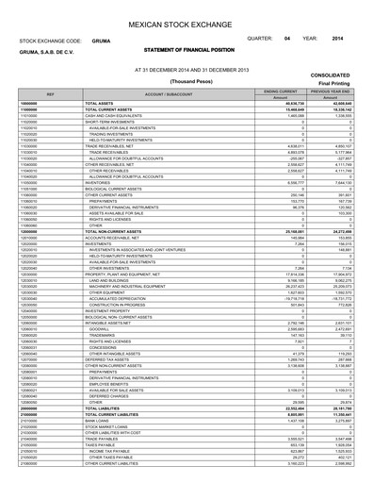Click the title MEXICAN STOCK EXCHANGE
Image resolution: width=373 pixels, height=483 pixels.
pyautogui.click(x=186, y=16)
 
